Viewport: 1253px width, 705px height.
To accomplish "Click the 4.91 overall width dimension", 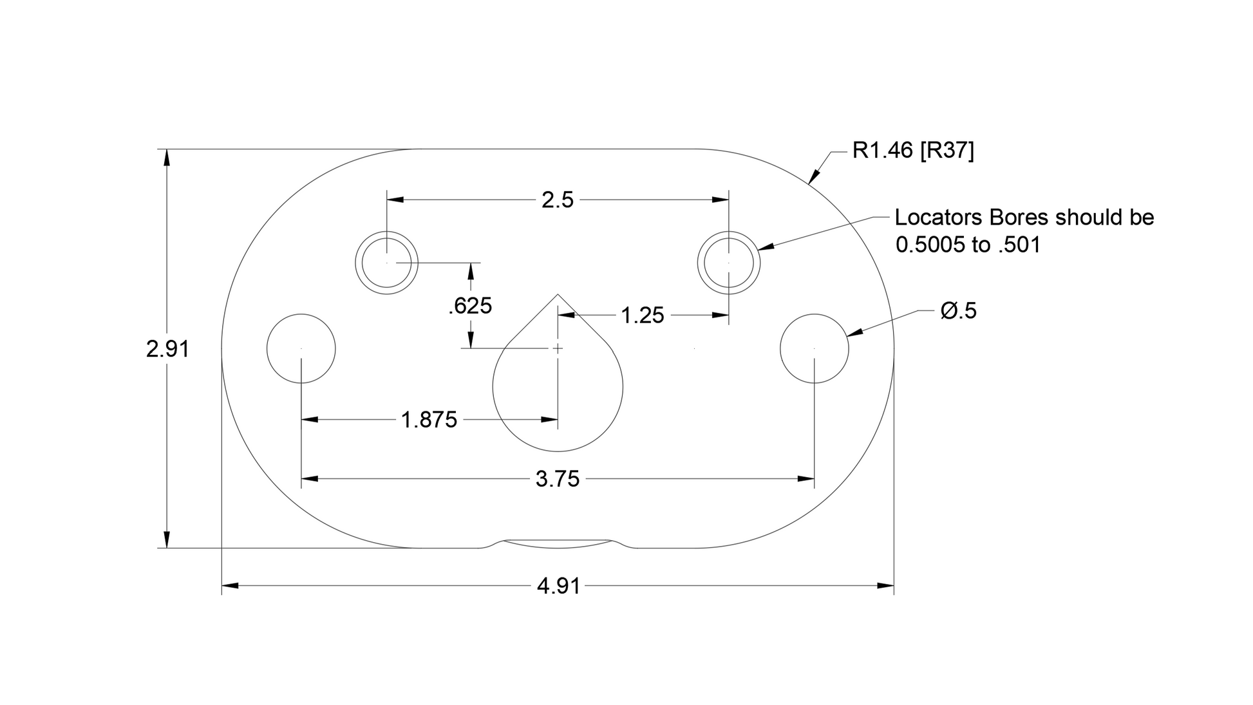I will coord(558,586).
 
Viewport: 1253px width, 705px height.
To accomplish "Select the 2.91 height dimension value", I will coord(167,349).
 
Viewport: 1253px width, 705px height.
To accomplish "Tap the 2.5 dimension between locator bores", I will coord(557,200).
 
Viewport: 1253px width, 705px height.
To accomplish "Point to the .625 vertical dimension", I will coord(470,306).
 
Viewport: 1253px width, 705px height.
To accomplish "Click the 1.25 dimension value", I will coord(642,315).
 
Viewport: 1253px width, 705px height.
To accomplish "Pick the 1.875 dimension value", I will coord(429,420).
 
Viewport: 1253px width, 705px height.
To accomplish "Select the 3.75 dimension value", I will coord(558,479).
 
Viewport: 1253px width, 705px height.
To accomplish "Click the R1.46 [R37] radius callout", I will coord(913,151).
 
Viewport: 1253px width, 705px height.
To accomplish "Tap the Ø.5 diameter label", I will coord(958,311).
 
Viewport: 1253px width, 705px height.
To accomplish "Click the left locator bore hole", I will coord(387,263).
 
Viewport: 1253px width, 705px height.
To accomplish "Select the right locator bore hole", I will coord(729,263).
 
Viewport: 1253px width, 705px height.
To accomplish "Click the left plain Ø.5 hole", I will coord(301,348).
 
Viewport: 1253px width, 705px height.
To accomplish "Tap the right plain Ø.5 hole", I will coord(815,348).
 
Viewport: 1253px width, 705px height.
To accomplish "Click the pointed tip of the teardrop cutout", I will coord(558,295).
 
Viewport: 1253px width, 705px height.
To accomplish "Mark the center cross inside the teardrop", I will coord(558,348).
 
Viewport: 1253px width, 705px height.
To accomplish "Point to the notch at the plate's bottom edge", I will coord(558,544).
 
